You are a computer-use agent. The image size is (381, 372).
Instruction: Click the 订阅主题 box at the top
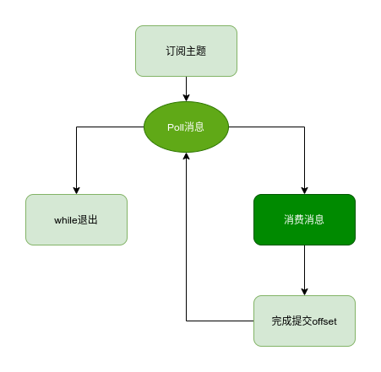(x=186, y=51)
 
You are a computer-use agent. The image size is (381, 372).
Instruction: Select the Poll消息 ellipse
(x=186, y=127)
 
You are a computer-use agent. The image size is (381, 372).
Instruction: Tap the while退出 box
(x=76, y=219)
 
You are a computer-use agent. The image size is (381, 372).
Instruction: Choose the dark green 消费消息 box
(x=304, y=219)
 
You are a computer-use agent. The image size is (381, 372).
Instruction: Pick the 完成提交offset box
(x=304, y=321)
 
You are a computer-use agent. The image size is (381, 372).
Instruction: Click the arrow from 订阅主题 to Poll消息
(x=186, y=88)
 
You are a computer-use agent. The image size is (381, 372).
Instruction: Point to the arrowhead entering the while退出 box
(x=76, y=190)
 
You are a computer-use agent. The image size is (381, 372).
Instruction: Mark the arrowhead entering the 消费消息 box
(x=304, y=190)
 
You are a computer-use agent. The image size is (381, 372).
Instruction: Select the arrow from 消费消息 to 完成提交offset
(x=304, y=270)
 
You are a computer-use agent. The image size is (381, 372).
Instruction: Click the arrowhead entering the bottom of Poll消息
(x=186, y=157)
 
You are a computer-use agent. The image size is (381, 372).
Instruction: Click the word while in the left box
(x=65, y=219)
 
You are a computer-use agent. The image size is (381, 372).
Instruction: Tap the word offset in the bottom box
(x=324, y=321)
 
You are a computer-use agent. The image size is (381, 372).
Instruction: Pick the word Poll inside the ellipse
(x=176, y=127)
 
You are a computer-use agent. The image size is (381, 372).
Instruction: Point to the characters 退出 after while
(x=87, y=219)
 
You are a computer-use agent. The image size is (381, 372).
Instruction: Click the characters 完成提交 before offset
(x=291, y=321)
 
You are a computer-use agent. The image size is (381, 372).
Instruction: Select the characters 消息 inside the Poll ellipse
(x=195, y=127)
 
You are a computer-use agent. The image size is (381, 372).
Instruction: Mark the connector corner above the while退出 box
(x=76, y=127)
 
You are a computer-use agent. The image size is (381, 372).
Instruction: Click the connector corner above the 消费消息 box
(x=304, y=127)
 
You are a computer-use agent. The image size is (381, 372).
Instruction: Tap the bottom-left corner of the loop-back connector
(x=186, y=321)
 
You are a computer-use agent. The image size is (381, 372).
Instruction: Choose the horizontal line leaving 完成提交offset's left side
(x=220, y=321)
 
